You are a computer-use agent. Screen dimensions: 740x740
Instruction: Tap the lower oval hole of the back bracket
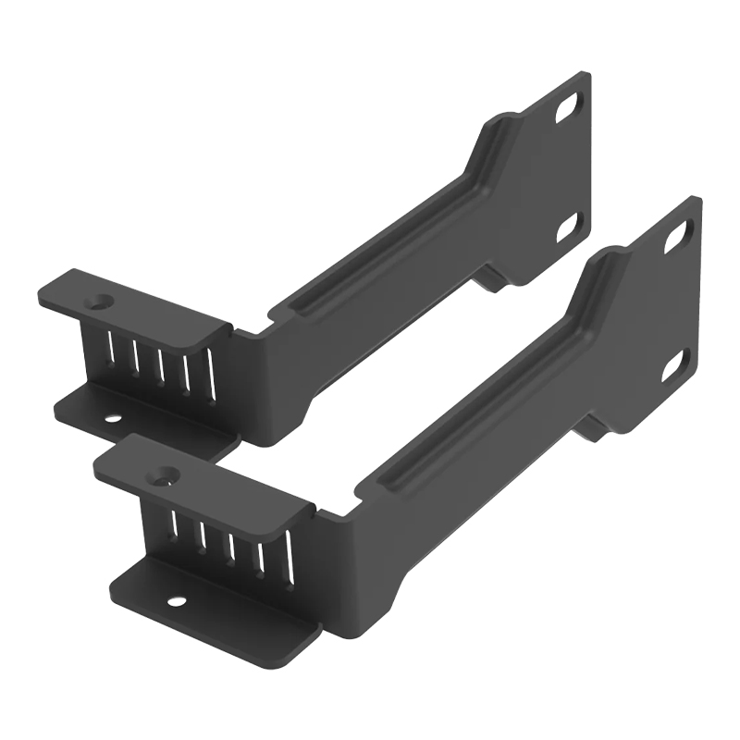pyautogui.click(x=567, y=225)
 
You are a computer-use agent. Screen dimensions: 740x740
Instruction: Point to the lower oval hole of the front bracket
pyautogui.click(x=674, y=365)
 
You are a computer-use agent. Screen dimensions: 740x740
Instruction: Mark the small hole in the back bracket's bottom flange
pyautogui.click(x=112, y=419)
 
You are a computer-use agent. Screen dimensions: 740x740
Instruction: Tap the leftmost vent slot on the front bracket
pyautogui.click(x=174, y=524)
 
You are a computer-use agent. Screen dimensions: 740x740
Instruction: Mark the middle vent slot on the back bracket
pyautogui.click(x=160, y=362)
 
